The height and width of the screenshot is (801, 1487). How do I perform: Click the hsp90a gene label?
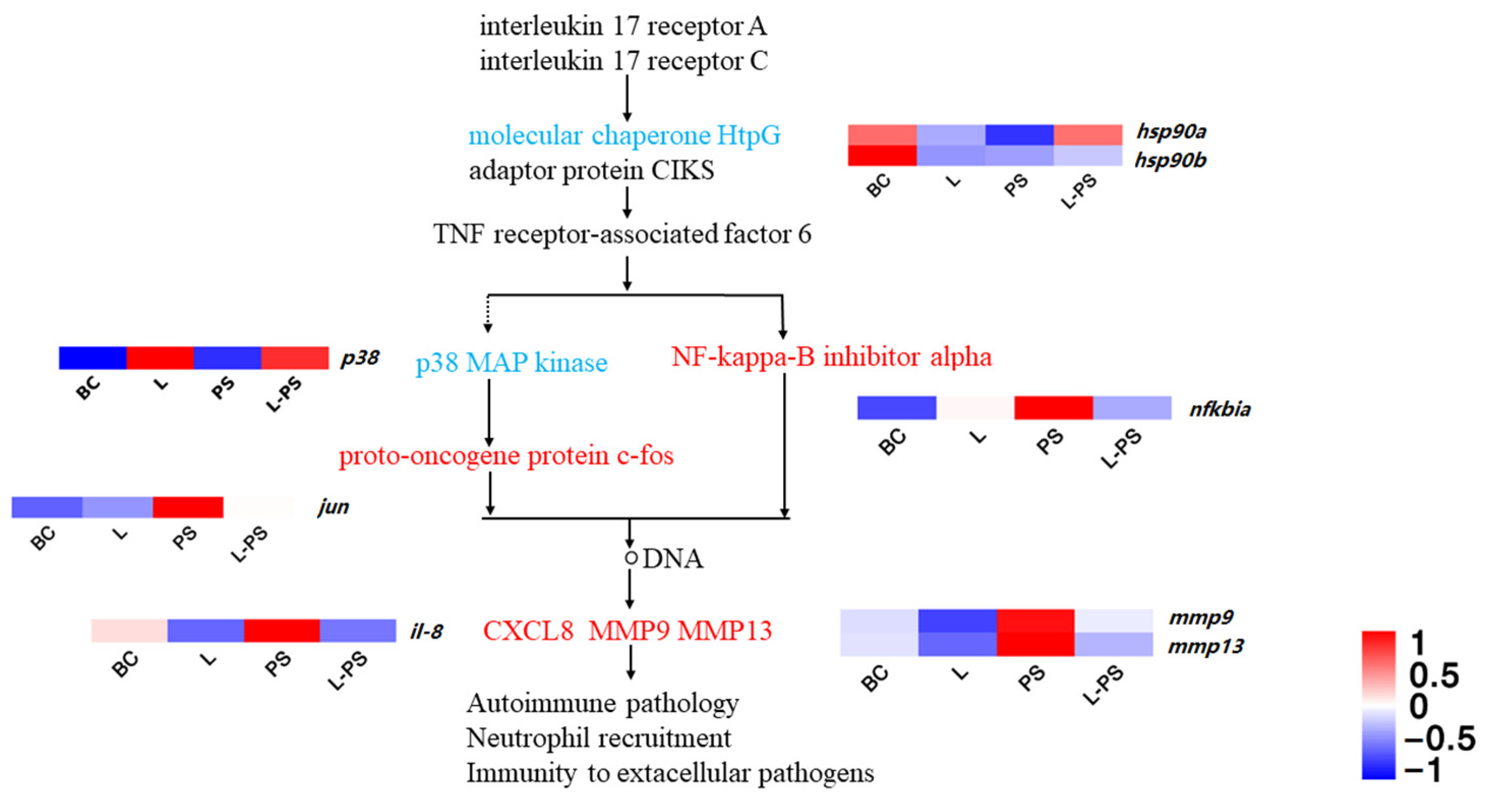[x=1171, y=132]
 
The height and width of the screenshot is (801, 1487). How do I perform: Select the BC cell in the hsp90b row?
[x=882, y=156]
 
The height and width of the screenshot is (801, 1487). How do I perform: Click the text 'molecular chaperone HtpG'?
[x=624, y=136]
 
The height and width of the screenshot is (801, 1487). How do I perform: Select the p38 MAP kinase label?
[x=512, y=363]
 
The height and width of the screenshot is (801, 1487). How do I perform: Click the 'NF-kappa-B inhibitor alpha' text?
[x=831, y=357]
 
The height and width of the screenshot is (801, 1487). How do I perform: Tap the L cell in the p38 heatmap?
[x=160, y=358]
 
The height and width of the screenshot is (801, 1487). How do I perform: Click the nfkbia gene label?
[x=1220, y=409]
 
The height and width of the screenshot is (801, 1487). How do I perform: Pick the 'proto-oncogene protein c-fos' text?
[x=505, y=456]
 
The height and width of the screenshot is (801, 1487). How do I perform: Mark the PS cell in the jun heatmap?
[x=188, y=507]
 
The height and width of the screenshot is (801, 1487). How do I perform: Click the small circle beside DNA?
[x=631, y=558]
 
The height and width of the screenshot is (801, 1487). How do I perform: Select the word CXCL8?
[x=528, y=631]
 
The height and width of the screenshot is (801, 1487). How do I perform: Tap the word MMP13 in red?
[x=725, y=631]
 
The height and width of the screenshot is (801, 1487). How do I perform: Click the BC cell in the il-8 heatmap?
[x=129, y=631]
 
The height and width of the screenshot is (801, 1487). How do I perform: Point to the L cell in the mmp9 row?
[x=957, y=620]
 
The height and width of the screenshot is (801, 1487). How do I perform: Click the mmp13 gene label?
[x=1205, y=646]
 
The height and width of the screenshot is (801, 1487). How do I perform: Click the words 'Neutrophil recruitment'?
[x=599, y=738]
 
